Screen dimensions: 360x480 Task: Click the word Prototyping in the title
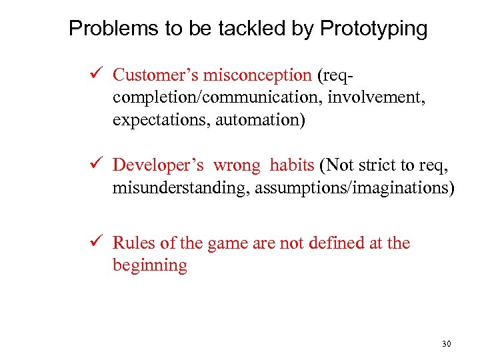(373, 29)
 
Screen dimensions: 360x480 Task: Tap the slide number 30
(446, 344)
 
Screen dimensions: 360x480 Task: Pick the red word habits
(291, 165)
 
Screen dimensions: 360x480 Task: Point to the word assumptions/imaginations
(345, 188)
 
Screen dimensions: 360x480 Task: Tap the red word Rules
(133, 243)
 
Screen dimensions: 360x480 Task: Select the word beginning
(150, 265)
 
